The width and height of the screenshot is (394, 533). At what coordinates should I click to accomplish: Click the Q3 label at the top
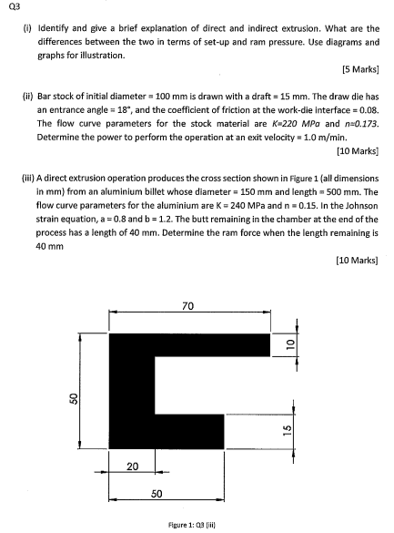tap(11, 8)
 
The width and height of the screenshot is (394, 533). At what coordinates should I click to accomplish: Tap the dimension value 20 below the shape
tap(132, 466)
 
